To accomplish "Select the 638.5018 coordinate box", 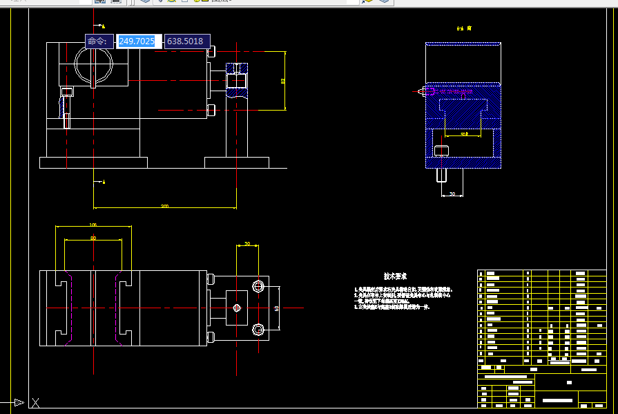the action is click(x=185, y=41).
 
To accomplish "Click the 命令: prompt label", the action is click(x=98, y=41).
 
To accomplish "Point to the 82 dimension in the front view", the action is click(x=283, y=81).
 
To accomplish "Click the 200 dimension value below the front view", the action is click(x=164, y=206).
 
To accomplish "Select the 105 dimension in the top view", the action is click(x=93, y=225).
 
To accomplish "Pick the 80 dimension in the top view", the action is click(x=93, y=238).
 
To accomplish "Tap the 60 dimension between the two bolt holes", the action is click(x=276, y=308).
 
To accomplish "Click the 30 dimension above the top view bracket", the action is click(x=247, y=244).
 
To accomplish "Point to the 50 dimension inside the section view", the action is click(x=463, y=133).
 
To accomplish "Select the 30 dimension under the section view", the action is click(x=452, y=194).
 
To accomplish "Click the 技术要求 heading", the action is click(x=395, y=276).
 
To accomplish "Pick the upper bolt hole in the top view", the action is click(x=258, y=286).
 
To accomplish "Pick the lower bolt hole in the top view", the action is click(x=258, y=329).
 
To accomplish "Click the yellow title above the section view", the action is click(x=463, y=28).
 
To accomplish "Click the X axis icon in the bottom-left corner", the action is click(x=35, y=402).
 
